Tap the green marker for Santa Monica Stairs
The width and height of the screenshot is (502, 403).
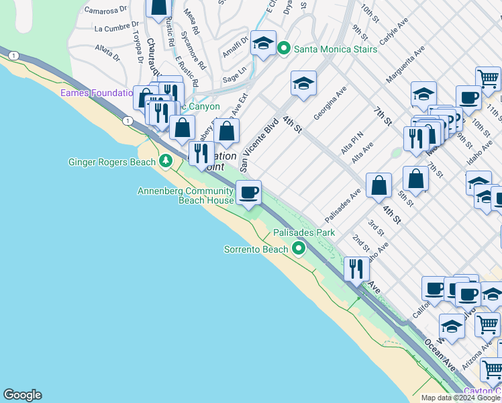[284, 48]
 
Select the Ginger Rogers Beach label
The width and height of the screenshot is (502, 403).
[112, 162]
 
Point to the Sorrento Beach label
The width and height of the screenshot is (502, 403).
[256, 249]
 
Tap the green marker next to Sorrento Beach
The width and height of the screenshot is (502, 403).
[299, 249]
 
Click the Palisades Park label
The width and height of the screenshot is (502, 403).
[303, 232]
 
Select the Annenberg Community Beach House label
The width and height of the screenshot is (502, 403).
[186, 195]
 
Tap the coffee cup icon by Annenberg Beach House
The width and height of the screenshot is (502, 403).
[249, 192]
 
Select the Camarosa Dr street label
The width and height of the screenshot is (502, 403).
[106, 10]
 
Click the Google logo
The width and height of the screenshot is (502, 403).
[22, 395]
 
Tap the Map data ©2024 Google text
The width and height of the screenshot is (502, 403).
[460, 398]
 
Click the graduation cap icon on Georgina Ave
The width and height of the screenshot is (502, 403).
[303, 84]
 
